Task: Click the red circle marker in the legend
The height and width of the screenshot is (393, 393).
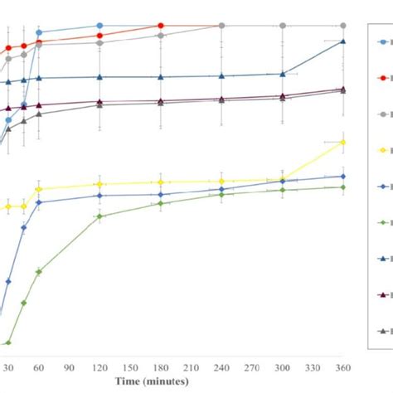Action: pyautogui.click(x=381, y=76)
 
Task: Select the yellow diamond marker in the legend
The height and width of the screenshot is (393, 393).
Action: pyautogui.click(x=381, y=150)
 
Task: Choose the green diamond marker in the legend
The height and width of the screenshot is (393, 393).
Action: pyautogui.click(x=381, y=222)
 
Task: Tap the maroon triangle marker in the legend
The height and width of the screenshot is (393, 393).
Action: pyautogui.click(x=381, y=294)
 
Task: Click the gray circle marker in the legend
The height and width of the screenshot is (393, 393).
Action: pyautogui.click(x=381, y=114)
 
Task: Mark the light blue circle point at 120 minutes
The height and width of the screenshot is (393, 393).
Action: pyautogui.click(x=99, y=26)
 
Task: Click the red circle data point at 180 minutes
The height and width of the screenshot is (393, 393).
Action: pyautogui.click(x=161, y=26)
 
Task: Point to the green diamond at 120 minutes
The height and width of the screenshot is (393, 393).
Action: pyautogui.click(x=99, y=216)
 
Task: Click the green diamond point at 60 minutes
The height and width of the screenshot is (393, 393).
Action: pyautogui.click(x=39, y=271)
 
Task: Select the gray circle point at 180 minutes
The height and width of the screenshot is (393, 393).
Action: pyautogui.click(x=161, y=36)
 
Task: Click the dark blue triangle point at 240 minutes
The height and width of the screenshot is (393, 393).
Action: pyautogui.click(x=221, y=76)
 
